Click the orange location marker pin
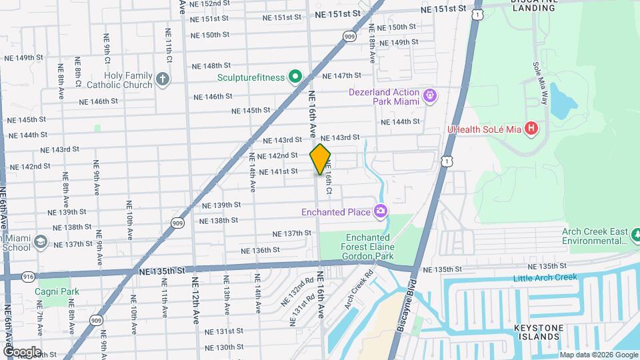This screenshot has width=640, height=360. [320, 159]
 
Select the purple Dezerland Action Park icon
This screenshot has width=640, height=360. [431, 97]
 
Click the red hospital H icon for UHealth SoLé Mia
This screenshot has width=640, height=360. [531, 127]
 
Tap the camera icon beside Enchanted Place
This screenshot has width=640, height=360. [381, 212]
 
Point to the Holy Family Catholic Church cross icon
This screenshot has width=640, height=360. [162, 80]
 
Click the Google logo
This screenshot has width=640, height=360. [21, 351]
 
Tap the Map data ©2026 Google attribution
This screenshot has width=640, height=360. [598, 355]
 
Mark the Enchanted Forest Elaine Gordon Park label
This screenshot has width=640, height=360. [371, 247]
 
